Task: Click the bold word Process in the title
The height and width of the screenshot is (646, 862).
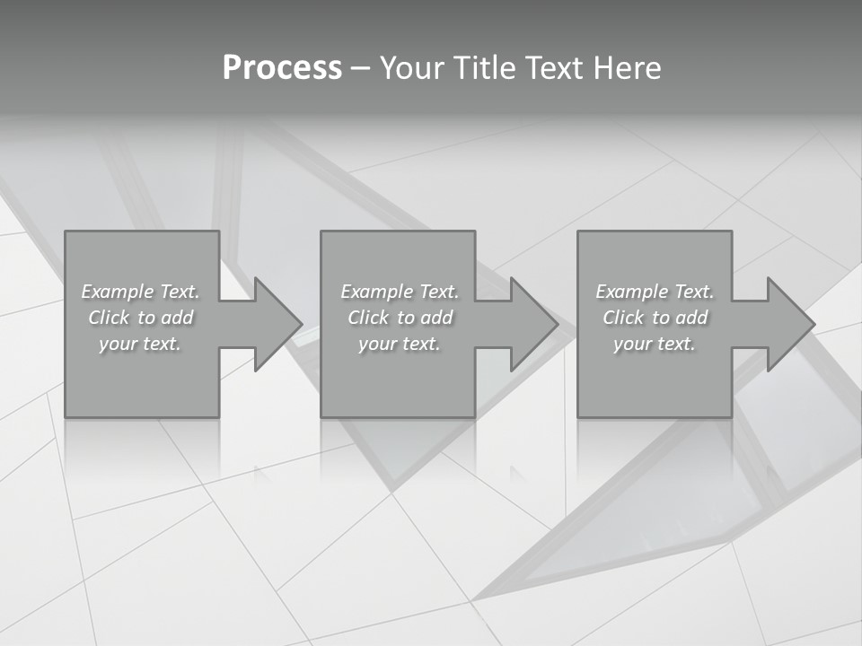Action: pyautogui.click(x=282, y=68)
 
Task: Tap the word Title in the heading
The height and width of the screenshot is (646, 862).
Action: pyautogui.click(x=487, y=68)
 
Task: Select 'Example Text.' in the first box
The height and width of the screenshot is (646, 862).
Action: pyautogui.click(x=140, y=292)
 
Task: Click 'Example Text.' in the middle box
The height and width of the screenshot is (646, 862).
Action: pyautogui.click(x=400, y=292)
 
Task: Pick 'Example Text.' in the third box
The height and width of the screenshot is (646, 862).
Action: pyautogui.click(x=655, y=292)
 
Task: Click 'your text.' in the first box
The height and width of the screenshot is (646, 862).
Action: pyautogui.click(x=140, y=344)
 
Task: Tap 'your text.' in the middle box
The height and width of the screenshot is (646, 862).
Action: pyautogui.click(x=400, y=344)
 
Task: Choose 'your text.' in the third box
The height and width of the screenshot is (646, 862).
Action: pyautogui.click(x=655, y=344)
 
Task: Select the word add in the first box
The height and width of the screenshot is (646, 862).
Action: pyautogui.click(x=177, y=318)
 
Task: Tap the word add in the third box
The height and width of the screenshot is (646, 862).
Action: pyautogui.click(x=691, y=318)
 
